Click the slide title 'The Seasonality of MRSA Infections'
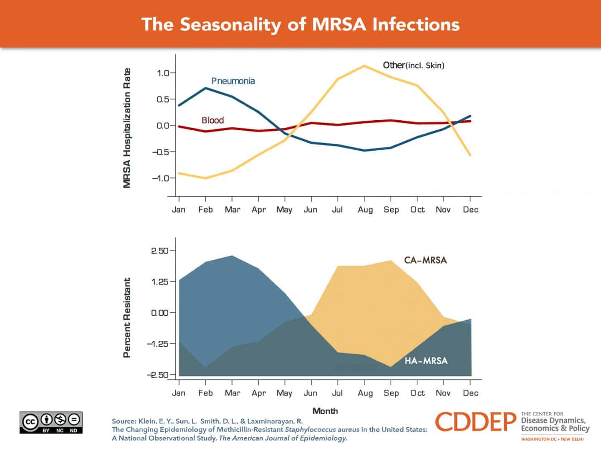click(300, 24)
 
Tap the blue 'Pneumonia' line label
click(233, 81)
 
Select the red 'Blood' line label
click(212, 120)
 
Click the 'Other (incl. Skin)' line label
click(413, 65)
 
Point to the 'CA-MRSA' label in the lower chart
click(425, 260)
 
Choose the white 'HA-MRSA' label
click(426, 361)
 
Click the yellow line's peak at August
click(364, 66)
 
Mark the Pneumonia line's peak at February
click(205, 88)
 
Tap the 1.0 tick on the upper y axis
click(163, 73)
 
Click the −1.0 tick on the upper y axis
click(162, 178)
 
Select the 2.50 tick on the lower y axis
click(160, 251)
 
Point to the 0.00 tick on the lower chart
click(160, 313)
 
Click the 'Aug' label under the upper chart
click(365, 210)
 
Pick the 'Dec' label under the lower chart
click(470, 393)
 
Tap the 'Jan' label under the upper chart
click(179, 210)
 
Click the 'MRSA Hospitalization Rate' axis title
click(127, 128)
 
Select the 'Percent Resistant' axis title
click(127, 317)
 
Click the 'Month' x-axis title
click(325, 411)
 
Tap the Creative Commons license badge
click(51, 422)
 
